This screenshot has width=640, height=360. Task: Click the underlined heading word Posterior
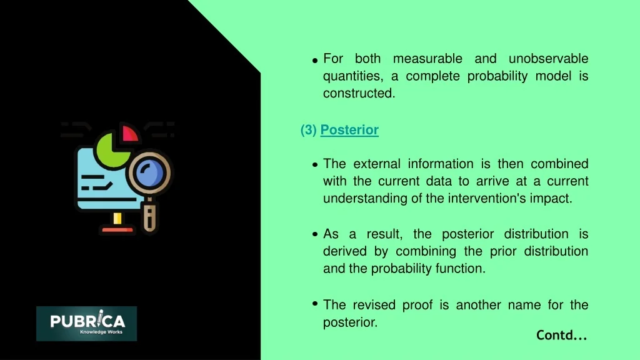(349, 130)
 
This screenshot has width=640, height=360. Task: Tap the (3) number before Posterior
(309, 130)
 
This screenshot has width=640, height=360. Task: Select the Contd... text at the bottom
(562, 335)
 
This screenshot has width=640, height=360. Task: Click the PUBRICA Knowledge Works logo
(86, 324)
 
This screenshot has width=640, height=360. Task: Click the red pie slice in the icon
(129, 134)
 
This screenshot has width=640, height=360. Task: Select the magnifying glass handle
(150, 216)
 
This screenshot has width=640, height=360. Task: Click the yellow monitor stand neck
(117, 218)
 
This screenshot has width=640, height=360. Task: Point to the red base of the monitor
(117, 230)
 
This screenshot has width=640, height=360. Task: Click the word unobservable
(548, 58)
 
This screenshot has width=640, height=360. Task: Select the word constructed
(359, 93)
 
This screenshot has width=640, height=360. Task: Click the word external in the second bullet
(377, 164)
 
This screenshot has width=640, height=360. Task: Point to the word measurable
(427, 58)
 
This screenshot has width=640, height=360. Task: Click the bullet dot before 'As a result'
(315, 234)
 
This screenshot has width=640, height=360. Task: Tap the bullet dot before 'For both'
(315, 61)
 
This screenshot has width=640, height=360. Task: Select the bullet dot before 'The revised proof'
(315, 303)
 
